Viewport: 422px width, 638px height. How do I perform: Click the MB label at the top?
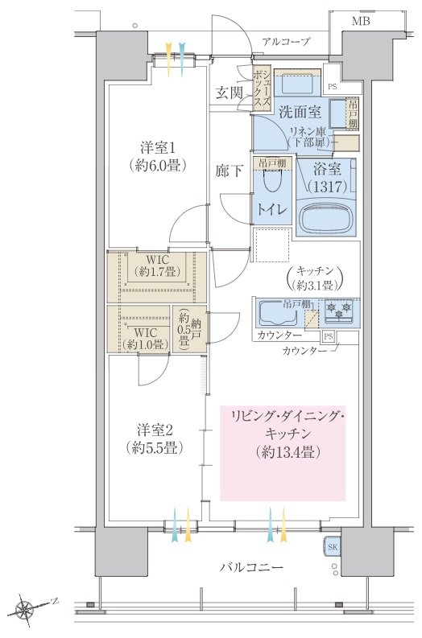361,21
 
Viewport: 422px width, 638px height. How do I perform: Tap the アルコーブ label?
286,41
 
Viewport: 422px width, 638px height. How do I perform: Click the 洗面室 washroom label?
300,112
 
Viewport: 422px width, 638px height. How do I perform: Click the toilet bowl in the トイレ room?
272,182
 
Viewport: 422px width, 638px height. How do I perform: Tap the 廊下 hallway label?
229,171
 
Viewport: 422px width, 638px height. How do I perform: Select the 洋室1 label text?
155,146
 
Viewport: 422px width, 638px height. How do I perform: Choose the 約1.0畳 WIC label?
145,339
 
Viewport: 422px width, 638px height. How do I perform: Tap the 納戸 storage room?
189,328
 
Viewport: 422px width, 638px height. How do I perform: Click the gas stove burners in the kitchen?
339,310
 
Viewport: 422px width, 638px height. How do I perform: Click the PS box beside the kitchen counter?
329,337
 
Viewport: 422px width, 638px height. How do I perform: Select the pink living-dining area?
283,453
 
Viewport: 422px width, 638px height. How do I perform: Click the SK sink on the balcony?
333,547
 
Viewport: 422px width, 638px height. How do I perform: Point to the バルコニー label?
251,567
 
